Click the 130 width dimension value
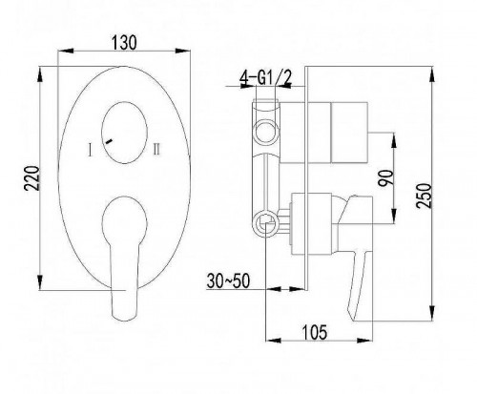pyautogui.click(x=124, y=43)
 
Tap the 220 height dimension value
pyautogui.click(x=32, y=178)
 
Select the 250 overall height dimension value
pyautogui.click(x=425, y=196)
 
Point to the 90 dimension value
pyautogui.click(x=385, y=178)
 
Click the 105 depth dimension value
pyautogui.click(x=314, y=332)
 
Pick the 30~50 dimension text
pyautogui.click(x=228, y=280)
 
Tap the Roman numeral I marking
pyautogui.click(x=91, y=150)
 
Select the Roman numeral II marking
pyautogui.click(x=156, y=150)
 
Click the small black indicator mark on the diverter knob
pyautogui.click(x=109, y=141)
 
